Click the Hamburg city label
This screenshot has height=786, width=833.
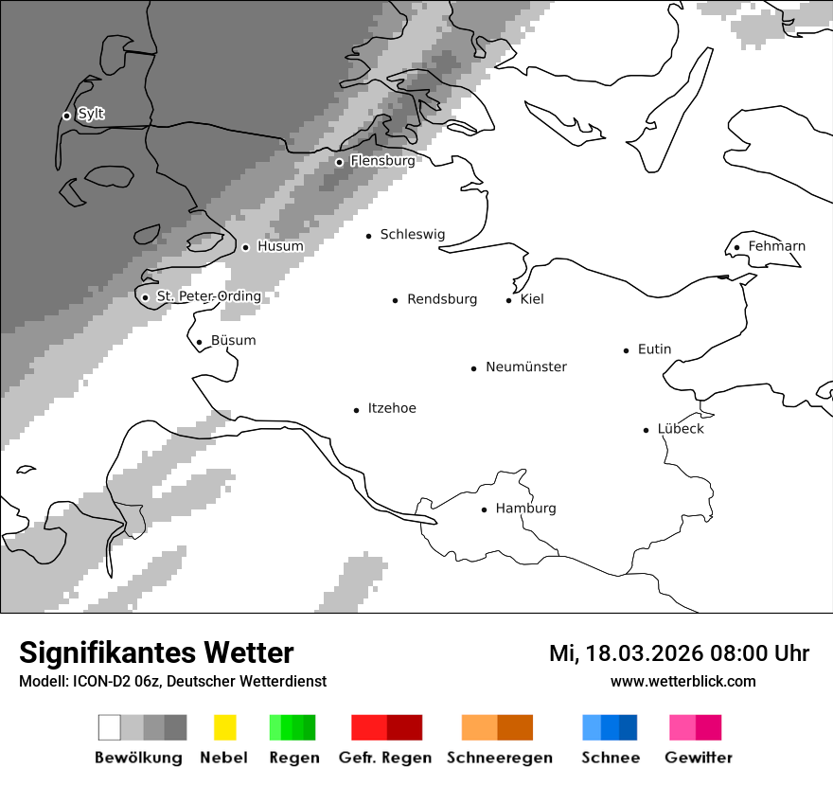pyautogui.click(x=525, y=509)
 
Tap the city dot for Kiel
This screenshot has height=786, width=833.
pyautogui.click(x=508, y=300)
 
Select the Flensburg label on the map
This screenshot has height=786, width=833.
pyautogui.click(x=382, y=161)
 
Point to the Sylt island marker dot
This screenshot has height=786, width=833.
pyautogui.click(x=66, y=116)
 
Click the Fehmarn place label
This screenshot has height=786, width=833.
pyautogui.click(x=776, y=246)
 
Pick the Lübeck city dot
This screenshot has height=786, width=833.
pyautogui.click(x=647, y=430)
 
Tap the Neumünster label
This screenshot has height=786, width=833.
pyautogui.click(x=526, y=366)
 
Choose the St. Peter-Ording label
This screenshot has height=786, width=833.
pyautogui.click(x=208, y=296)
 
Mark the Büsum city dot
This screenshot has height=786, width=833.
pyautogui.click(x=199, y=342)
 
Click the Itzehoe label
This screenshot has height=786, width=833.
pyautogui.click(x=392, y=408)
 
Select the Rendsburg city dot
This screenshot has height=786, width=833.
pyautogui.click(x=396, y=300)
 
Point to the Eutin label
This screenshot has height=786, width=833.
pyautogui.click(x=654, y=349)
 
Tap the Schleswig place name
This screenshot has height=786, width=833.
pyautogui.click(x=412, y=234)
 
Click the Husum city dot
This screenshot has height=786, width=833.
pyautogui.click(x=245, y=247)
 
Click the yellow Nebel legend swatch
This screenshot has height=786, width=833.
pyautogui.click(x=224, y=727)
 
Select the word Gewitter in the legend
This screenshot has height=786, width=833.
pyautogui.click(x=699, y=758)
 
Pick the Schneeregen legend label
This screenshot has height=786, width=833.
pyautogui.click(x=500, y=758)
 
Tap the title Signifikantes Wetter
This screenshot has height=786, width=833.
pyautogui.click(x=156, y=652)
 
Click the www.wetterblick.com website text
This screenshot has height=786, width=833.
pyautogui.click(x=682, y=681)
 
